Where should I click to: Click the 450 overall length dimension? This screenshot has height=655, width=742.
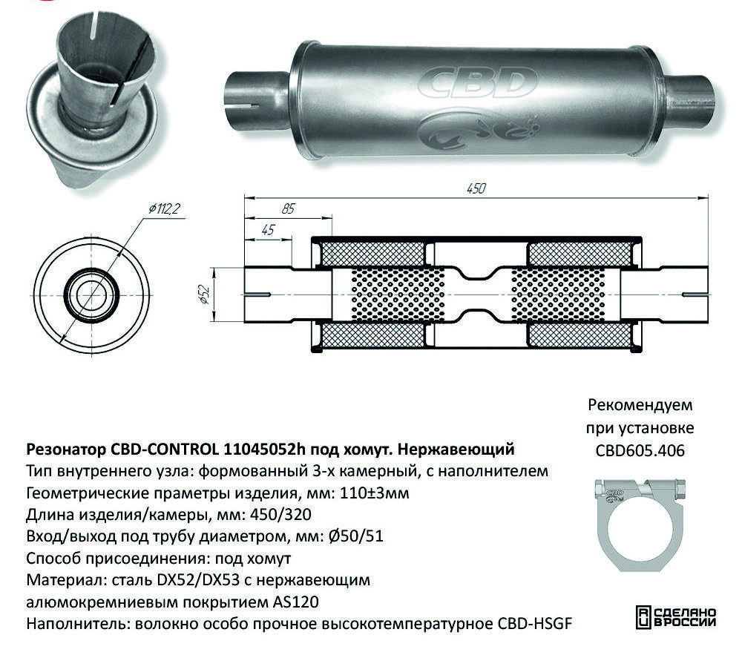pos(476,188)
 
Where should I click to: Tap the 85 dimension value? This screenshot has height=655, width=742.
pos(288,208)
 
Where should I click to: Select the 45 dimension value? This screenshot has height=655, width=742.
pos(268,230)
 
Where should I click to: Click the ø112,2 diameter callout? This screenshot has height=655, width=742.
pos(164,208)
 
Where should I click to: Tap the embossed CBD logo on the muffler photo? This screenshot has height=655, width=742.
pos(478,84)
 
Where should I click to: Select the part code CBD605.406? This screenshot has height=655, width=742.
pos(640,450)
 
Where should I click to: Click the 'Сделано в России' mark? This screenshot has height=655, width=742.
pos(676,616)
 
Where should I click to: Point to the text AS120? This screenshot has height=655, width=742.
pos(296,602)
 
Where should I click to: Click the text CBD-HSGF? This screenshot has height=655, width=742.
pos(535,624)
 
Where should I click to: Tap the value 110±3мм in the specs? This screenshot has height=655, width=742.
pos(374,493)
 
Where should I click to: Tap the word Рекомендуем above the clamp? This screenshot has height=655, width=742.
pos(640,405)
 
